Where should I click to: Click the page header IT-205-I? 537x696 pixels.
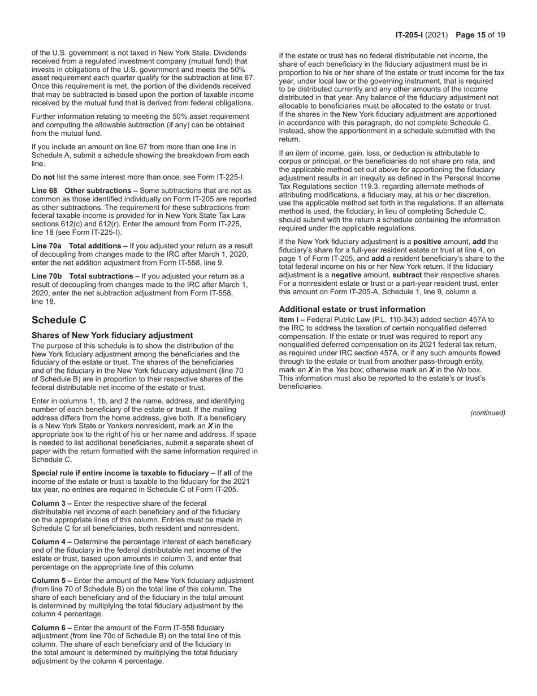pyautogui.click(x=411, y=35)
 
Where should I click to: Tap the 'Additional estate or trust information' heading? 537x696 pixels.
pyautogui.click(x=352, y=309)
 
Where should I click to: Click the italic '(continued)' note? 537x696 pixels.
pyautogui.click(x=487, y=413)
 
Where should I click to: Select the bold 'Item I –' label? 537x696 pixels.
pyautogui.click(x=292, y=320)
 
